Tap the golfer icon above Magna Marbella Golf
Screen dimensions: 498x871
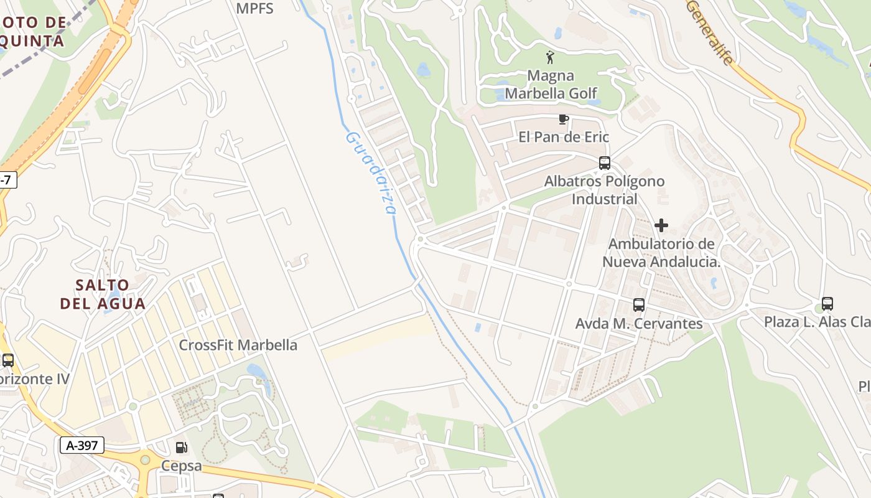pyautogui.click(x=550, y=58)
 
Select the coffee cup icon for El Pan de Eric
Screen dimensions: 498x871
pyautogui.click(x=564, y=119)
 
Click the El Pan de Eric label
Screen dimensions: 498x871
pyautogui.click(x=564, y=137)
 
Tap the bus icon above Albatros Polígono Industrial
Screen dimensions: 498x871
pyautogui.click(x=604, y=163)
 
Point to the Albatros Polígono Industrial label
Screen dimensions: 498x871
pyautogui.click(x=604, y=190)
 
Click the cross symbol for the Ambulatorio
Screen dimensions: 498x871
pyautogui.click(x=661, y=225)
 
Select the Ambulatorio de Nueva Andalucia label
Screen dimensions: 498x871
pyautogui.click(x=661, y=252)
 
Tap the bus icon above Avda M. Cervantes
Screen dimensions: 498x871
pyautogui.click(x=639, y=305)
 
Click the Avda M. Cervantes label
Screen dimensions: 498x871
pyautogui.click(x=639, y=324)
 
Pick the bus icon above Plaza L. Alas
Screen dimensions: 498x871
pyautogui.click(x=827, y=304)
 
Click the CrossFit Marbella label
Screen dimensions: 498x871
pyautogui.click(x=238, y=345)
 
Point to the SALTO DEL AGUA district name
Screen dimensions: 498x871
pyautogui.click(x=103, y=294)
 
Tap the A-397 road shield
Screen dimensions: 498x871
pyautogui.click(x=82, y=445)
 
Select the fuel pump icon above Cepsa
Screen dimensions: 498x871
pyautogui.click(x=181, y=447)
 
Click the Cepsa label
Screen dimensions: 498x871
pyautogui.click(x=182, y=466)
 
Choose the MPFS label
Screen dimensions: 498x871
pyautogui.click(x=255, y=9)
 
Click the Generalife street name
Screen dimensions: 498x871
pyautogui.click(x=710, y=32)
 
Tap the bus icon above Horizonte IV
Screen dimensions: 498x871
pyautogui.click(x=8, y=360)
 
